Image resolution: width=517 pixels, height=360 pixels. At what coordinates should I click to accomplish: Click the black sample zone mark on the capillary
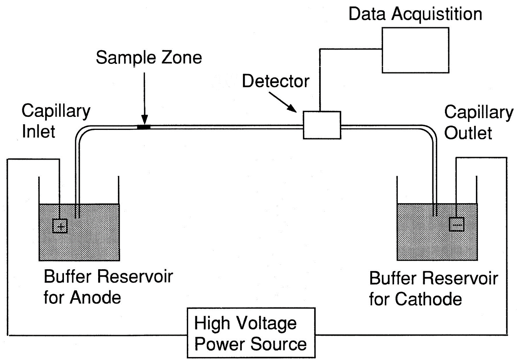pos(144,127)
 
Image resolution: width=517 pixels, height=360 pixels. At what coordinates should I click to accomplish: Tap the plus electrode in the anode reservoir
pos(60,226)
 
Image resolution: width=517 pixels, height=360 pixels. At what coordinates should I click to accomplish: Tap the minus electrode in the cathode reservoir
pos(456,224)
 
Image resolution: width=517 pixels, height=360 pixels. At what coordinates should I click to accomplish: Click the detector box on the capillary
pos(322,125)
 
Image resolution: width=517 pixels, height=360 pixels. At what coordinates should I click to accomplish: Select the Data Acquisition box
pos(415,50)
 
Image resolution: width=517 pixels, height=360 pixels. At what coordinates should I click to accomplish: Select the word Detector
pos(276,81)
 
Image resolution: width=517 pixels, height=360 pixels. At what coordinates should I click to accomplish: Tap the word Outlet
pos(468,132)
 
